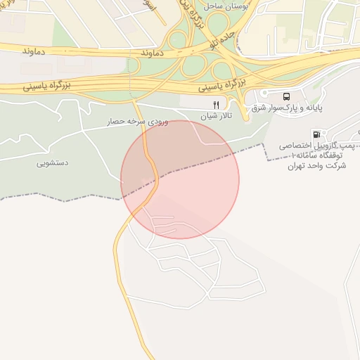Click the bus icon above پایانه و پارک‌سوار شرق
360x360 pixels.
[286, 96]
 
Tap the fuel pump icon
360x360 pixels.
[317, 134]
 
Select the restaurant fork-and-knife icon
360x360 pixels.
[207, 105]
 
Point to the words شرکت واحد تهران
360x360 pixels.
[314, 166]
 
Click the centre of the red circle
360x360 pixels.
[180, 179]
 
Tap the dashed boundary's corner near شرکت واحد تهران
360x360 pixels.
[263, 144]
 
